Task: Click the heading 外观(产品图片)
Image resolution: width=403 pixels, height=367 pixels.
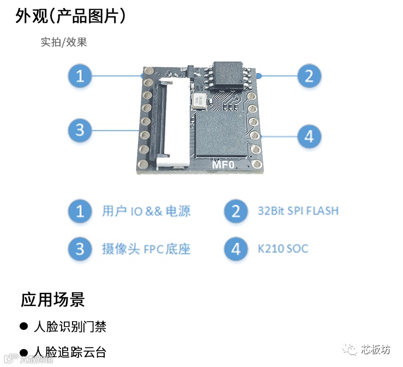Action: click(x=71, y=16)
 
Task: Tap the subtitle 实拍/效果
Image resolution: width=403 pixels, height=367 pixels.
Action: click(x=64, y=42)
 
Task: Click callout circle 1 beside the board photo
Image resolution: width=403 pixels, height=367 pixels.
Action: click(x=80, y=75)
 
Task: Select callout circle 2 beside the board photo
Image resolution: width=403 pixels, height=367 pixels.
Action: click(x=309, y=75)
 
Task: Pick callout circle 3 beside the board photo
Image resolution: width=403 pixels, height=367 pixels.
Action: click(x=80, y=130)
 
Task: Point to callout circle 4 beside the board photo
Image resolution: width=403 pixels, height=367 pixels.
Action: click(x=309, y=135)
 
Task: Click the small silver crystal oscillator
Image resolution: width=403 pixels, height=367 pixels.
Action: click(x=200, y=100)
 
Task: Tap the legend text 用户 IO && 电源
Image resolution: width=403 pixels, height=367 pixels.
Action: click(x=146, y=211)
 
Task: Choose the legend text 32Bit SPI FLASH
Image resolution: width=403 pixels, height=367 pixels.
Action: click(x=298, y=211)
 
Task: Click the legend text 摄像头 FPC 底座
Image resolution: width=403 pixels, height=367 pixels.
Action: click(x=146, y=249)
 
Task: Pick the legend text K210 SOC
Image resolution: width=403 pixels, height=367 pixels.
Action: click(x=283, y=249)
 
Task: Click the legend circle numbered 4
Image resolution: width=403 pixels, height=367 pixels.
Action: click(x=236, y=249)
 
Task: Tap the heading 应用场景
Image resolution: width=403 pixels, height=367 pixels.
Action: click(x=53, y=299)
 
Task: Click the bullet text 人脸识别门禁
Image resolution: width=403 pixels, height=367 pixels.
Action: click(x=70, y=327)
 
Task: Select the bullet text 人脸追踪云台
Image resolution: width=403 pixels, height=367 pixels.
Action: click(x=70, y=352)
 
